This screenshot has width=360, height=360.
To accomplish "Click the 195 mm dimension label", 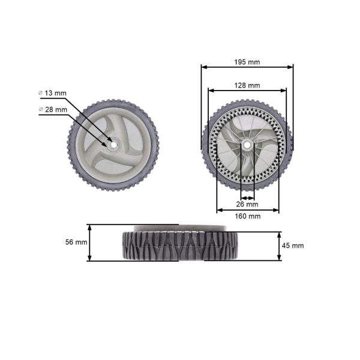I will [247, 62].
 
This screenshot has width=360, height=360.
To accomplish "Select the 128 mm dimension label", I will [247, 86].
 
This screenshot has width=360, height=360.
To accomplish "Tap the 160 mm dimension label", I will [247, 216].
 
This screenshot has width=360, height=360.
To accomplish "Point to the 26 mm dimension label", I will [247, 204].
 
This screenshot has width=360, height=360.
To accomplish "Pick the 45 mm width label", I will [293, 245].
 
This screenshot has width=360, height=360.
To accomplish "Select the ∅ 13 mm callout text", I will [55, 93].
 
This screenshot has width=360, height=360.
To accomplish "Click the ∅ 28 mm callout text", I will [55, 109].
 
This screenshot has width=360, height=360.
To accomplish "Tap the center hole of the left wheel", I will [112, 143].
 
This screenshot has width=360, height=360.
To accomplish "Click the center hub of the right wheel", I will [247, 145].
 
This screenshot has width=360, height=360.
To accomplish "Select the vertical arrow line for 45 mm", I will [279, 246].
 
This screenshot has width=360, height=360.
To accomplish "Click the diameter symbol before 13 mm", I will [40, 93].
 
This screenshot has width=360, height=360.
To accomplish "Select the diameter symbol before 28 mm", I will [40, 109].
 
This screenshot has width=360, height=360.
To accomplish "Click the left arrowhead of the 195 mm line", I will [203, 67].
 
